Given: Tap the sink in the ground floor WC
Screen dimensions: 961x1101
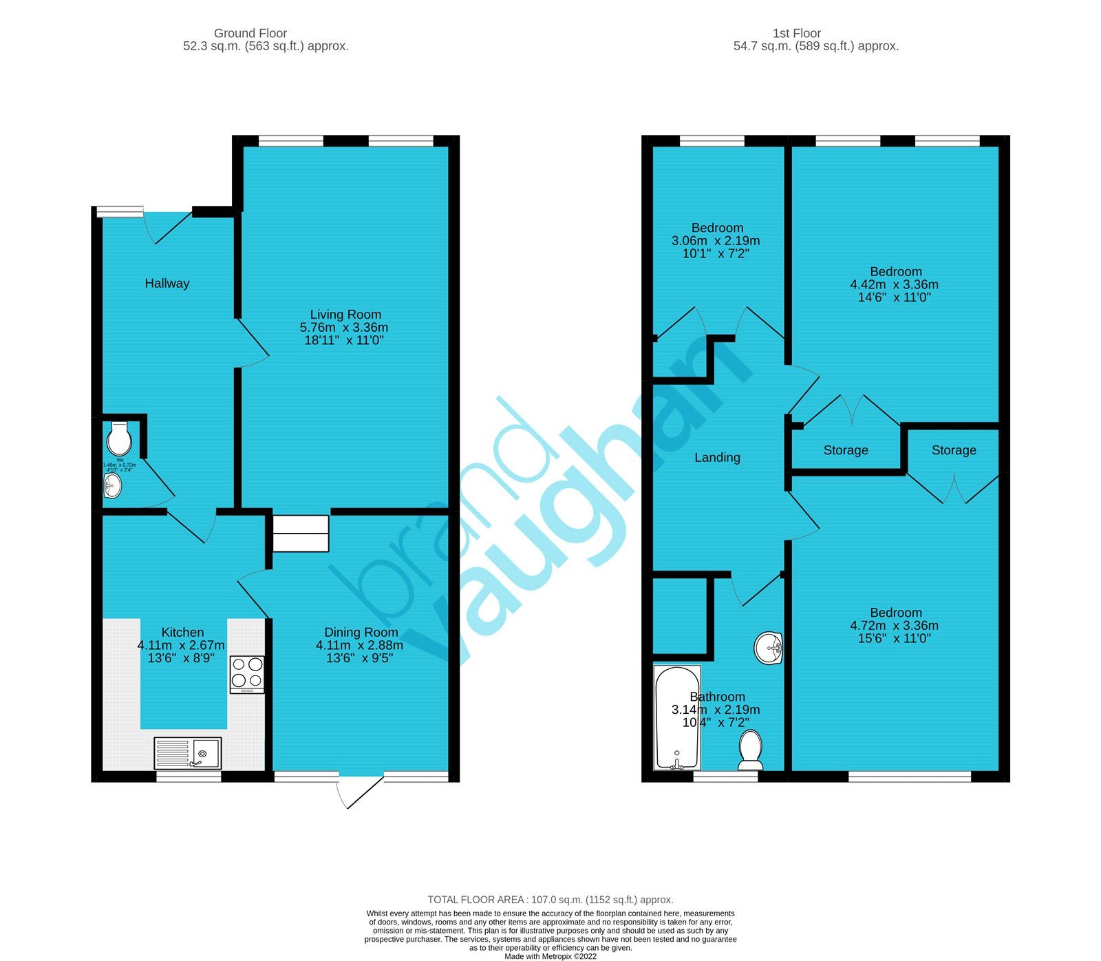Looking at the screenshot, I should [x=112, y=487].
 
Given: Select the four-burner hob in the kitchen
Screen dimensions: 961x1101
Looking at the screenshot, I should [x=247, y=674].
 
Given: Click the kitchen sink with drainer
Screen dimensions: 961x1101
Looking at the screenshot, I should [x=188, y=753].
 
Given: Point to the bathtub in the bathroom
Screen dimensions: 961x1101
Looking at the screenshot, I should [x=677, y=717].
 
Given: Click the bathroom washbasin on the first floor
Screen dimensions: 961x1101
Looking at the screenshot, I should [x=769, y=648].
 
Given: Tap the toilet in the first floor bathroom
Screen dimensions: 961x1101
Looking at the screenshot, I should [x=750, y=750].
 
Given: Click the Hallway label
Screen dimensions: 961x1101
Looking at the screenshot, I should [x=167, y=283].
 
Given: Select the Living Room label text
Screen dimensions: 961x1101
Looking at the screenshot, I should [x=345, y=315].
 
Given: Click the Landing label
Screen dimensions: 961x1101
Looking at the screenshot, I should [x=717, y=457].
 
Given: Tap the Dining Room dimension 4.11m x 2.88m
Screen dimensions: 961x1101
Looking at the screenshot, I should [x=359, y=645].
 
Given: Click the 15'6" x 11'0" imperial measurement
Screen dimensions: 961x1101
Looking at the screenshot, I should [x=894, y=638].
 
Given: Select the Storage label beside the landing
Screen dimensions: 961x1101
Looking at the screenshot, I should [x=846, y=450].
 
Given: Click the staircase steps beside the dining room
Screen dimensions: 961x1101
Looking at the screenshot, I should [x=301, y=534].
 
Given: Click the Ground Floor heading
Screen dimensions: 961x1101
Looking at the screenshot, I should [x=250, y=33].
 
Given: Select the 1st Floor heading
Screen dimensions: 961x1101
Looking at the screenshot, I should [x=797, y=33].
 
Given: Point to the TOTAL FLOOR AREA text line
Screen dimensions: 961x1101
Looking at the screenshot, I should [x=550, y=900].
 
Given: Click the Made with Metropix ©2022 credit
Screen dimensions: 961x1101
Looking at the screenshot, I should [x=550, y=956].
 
